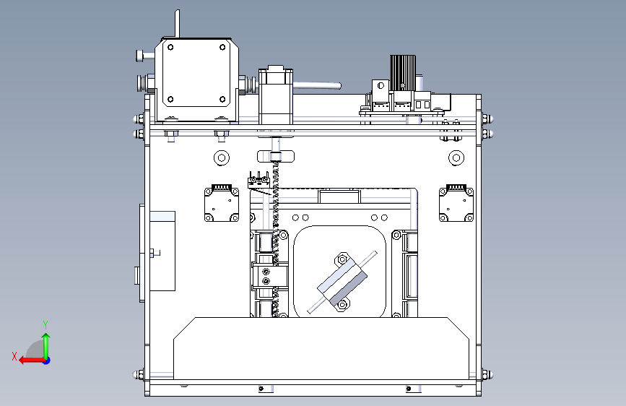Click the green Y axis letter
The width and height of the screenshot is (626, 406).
point(45,324)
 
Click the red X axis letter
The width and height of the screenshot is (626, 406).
point(14,356)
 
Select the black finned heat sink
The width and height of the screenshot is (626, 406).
point(402,73)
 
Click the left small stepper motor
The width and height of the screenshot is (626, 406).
point(222,203)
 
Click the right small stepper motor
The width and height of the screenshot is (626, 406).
point(456,203)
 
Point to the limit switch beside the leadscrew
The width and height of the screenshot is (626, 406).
point(258,182)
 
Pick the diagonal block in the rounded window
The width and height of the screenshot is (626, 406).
point(342,282)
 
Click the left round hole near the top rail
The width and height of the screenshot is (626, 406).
point(222,157)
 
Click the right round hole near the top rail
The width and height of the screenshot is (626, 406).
point(456,157)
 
